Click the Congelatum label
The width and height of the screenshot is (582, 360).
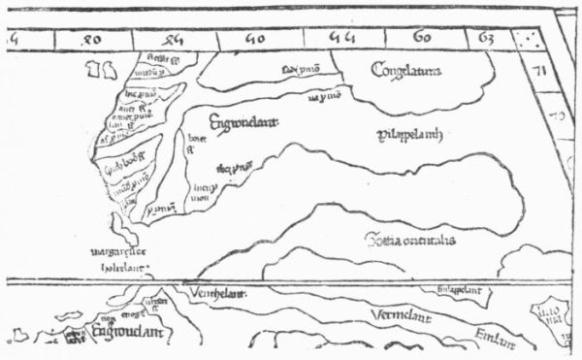click(x=405, y=69)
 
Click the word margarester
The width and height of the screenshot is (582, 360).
click(x=115, y=257)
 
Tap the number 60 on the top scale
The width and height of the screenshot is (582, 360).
click(x=423, y=39)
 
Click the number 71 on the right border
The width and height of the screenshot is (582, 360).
click(x=543, y=71)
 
